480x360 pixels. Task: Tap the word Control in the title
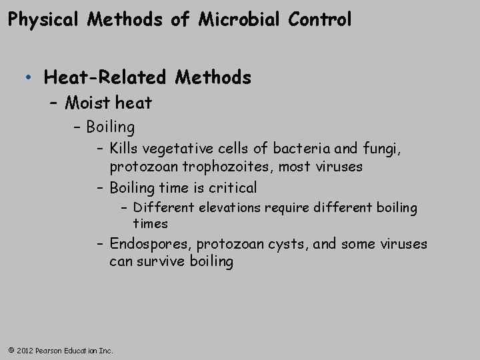click(x=320, y=20)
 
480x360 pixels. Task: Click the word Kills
click(x=124, y=148)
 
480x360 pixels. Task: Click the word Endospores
click(x=151, y=244)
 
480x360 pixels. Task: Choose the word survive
click(x=162, y=261)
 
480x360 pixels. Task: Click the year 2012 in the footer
click(x=24, y=350)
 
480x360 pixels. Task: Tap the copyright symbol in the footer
click(x=10, y=350)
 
